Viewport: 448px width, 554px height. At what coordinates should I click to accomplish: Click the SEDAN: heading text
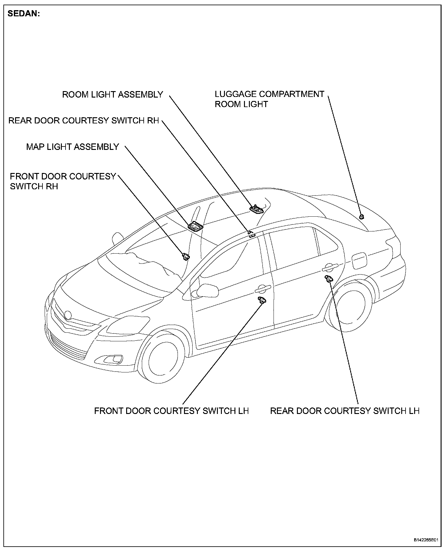click(x=24, y=14)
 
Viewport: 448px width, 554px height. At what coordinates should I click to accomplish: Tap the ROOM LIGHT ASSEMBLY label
click(x=112, y=94)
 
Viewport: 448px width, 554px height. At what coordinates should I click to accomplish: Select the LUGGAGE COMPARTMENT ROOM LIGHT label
click(x=269, y=99)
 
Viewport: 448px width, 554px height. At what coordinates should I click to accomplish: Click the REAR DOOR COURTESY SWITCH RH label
click(x=83, y=120)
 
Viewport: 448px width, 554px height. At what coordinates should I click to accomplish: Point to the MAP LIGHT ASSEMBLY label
click(x=72, y=147)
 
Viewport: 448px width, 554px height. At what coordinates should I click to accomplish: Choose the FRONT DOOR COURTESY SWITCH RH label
click(x=63, y=181)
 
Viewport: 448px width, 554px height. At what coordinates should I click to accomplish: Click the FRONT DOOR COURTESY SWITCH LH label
click(x=171, y=411)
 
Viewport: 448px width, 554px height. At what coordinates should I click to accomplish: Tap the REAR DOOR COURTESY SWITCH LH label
click(x=345, y=411)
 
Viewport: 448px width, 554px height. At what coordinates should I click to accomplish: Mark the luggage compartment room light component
click(x=362, y=216)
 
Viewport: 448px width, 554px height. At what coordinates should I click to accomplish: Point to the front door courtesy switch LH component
click(x=262, y=301)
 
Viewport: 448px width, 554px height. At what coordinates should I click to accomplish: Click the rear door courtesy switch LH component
click(x=329, y=279)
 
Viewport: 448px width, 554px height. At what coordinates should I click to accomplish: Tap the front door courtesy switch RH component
click(x=186, y=256)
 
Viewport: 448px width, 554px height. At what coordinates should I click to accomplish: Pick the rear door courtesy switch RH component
click(x=252, y=235)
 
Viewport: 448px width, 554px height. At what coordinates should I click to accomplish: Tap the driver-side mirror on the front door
click(x=207, y=290)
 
